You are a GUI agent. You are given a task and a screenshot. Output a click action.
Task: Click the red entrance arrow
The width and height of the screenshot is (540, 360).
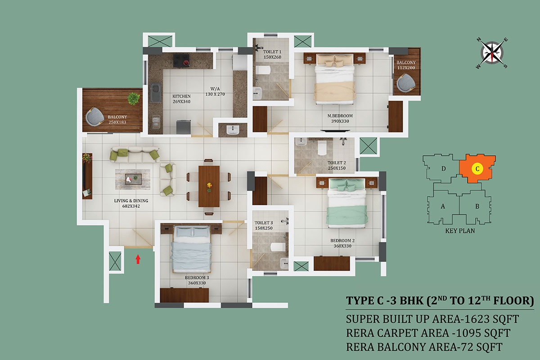pyautogui.click(x=138, y=259)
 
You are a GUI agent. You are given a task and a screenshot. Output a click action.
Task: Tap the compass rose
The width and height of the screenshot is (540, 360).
pyautogui.click(x=492, y=53)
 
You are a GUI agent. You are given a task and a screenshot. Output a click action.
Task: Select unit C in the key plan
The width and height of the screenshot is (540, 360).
pyautogui.click(x=477, y=169)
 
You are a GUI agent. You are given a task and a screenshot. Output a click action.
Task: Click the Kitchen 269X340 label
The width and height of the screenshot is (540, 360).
pyautogui.click(x=181, y=99)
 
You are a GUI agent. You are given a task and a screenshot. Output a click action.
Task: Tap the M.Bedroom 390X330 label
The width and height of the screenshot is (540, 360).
pyautogui.click(x=340, y=118)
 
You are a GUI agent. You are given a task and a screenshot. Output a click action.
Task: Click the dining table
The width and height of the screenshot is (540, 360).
pyautogui.click(x=209, y=186)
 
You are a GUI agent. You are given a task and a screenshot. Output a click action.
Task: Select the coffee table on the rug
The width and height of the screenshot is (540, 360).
pyautogui.click(x=133, y=179)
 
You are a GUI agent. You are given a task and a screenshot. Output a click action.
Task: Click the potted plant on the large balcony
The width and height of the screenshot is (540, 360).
pyautogui.click(x=133, y=99)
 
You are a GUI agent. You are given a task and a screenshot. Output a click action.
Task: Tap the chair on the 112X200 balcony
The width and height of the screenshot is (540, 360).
pyautogui.click(x=406, y=83)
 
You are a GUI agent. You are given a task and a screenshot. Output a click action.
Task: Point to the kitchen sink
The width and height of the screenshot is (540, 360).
pyautogui.click(x=156, y=92)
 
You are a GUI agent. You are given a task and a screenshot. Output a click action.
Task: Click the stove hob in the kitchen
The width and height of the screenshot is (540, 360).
pyautogui.click(x=181, y=60)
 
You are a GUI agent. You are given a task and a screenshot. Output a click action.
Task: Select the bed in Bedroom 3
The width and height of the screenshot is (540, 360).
pyautogui.click(x=191, y=249)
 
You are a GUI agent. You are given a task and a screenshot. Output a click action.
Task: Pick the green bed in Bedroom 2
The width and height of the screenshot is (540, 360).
pyautogui.click(x=346, y=203)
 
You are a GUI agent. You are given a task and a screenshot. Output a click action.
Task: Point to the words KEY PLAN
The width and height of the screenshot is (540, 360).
pyautogui.click(x=460, y=231)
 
